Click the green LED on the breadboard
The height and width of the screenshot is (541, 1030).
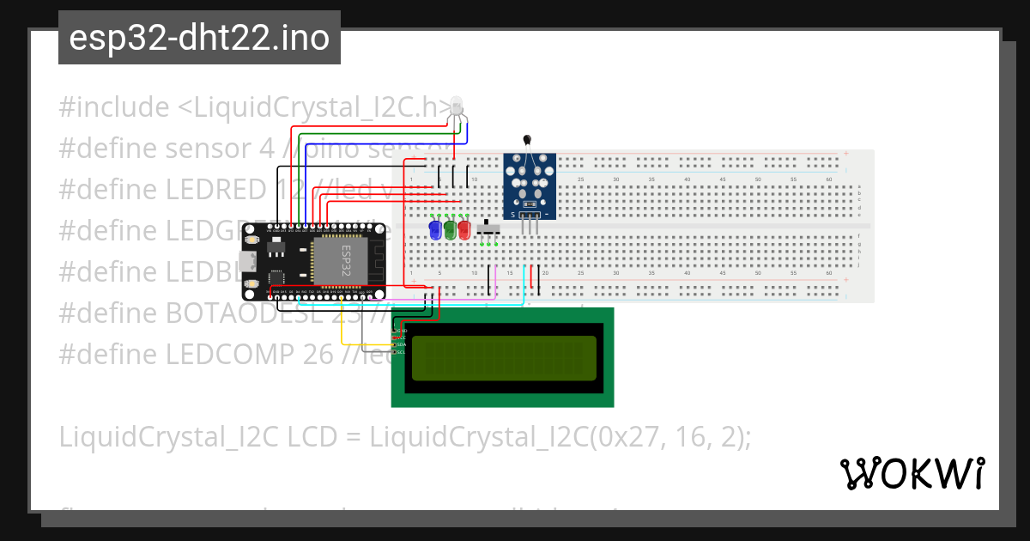click(x=450, y=230)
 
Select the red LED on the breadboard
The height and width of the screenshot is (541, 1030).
click(x=464, y=230)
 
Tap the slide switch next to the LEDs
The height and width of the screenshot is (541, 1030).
click(x=490, y=229)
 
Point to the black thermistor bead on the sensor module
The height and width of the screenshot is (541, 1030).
click(x=526, y=140)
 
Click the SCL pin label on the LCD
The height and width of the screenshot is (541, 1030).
click(x=400, y=352)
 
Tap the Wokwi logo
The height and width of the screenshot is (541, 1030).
click(x=912, y=473)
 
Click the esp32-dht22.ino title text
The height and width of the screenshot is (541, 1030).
click(x=199, y=38)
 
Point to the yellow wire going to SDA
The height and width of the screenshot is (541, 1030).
click(x=343, y=331)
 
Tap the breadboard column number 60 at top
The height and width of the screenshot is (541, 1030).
click(x=828, y=179)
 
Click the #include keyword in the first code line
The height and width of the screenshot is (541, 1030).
click(x=114, y=107)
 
